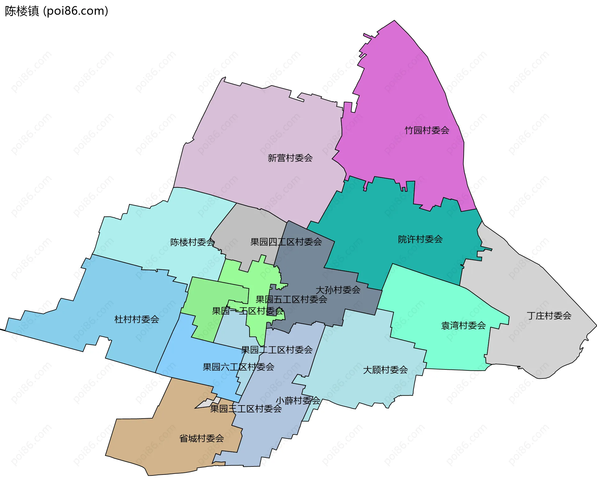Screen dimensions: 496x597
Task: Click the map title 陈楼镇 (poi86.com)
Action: click(56, 11)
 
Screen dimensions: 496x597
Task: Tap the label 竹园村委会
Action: click(427, 130)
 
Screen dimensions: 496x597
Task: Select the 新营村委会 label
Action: click(290, 158)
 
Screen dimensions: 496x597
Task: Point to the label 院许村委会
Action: click(420, 239)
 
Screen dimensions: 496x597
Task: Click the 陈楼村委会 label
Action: click(192, 242)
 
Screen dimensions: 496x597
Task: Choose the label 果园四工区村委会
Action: click(286, 242)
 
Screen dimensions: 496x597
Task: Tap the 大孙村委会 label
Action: click(338, 290)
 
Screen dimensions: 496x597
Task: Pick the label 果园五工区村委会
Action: click(291, 299)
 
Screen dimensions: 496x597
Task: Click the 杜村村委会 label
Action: click(137, 319)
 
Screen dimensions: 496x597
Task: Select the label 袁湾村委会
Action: click(463, 326)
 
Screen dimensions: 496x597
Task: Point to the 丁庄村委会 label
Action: click(549, 316)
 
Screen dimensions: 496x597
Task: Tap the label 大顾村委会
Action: click(385, 370)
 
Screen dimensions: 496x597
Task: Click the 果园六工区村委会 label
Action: click(238, 367)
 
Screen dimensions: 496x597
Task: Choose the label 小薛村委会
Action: click(298, 400)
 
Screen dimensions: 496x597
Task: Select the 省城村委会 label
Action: click(201, 438)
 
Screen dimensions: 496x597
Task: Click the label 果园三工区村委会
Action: click(246, 409)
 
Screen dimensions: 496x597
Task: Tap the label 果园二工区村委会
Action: click(277, 350)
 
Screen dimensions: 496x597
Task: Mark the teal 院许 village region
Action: click(389, 218)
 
